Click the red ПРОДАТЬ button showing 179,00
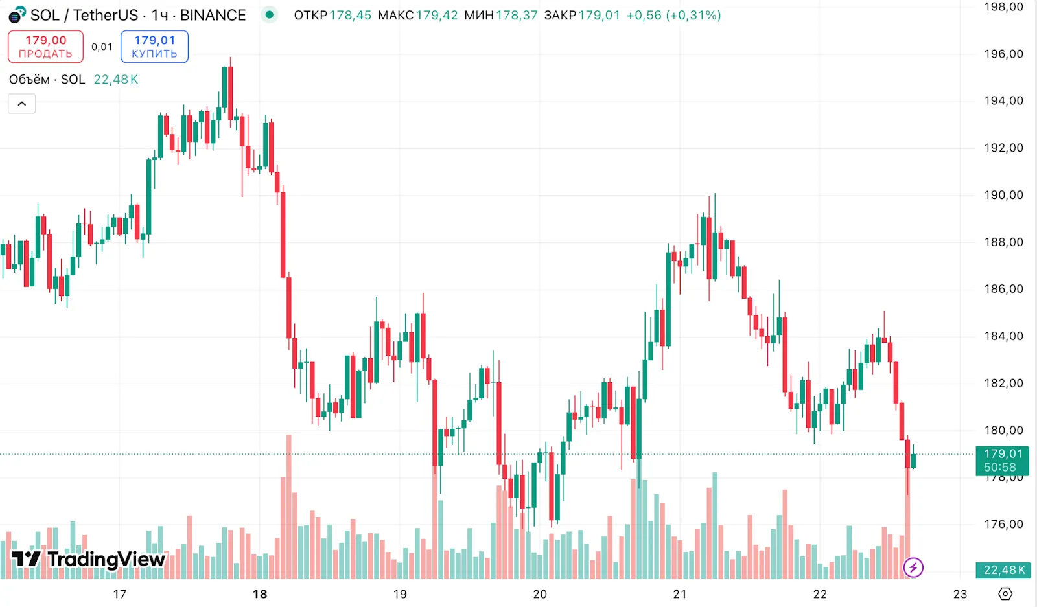[45, 47]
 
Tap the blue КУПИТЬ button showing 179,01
[154, 47]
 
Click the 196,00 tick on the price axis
[1003, 54]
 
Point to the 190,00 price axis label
[1003, 195]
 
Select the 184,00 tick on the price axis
[1003, 336]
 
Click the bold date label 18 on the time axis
[260, 594]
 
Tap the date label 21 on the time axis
[680, 594]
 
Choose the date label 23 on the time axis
[960, 594]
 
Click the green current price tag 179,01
[1003, 461]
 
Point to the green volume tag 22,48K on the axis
[1003, 570]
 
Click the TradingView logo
[88, 559]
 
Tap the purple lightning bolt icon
[913, 568]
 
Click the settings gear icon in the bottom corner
[1005, 594]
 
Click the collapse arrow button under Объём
[21, 104]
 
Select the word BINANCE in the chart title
[213, 15]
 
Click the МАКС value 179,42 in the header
[437, 15]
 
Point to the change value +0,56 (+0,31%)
[673, 15]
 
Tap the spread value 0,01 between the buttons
[102, 47]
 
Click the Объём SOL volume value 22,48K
[116, 80]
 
